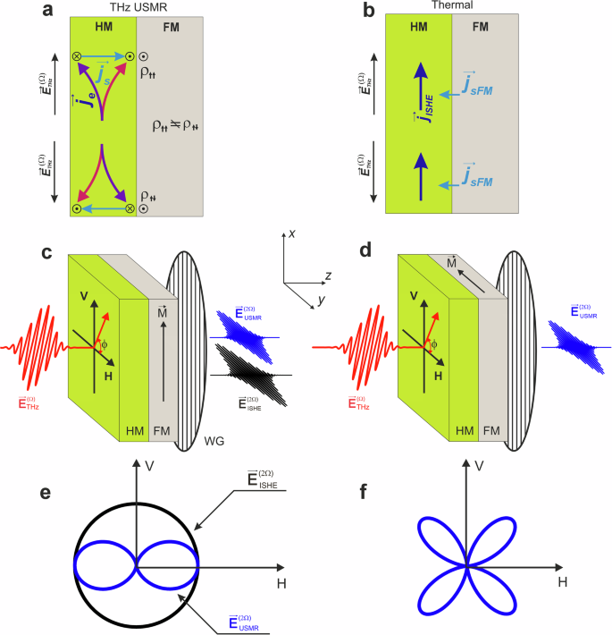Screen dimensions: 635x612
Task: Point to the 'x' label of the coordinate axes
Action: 291,235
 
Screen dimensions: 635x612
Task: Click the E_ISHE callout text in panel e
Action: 255,481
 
